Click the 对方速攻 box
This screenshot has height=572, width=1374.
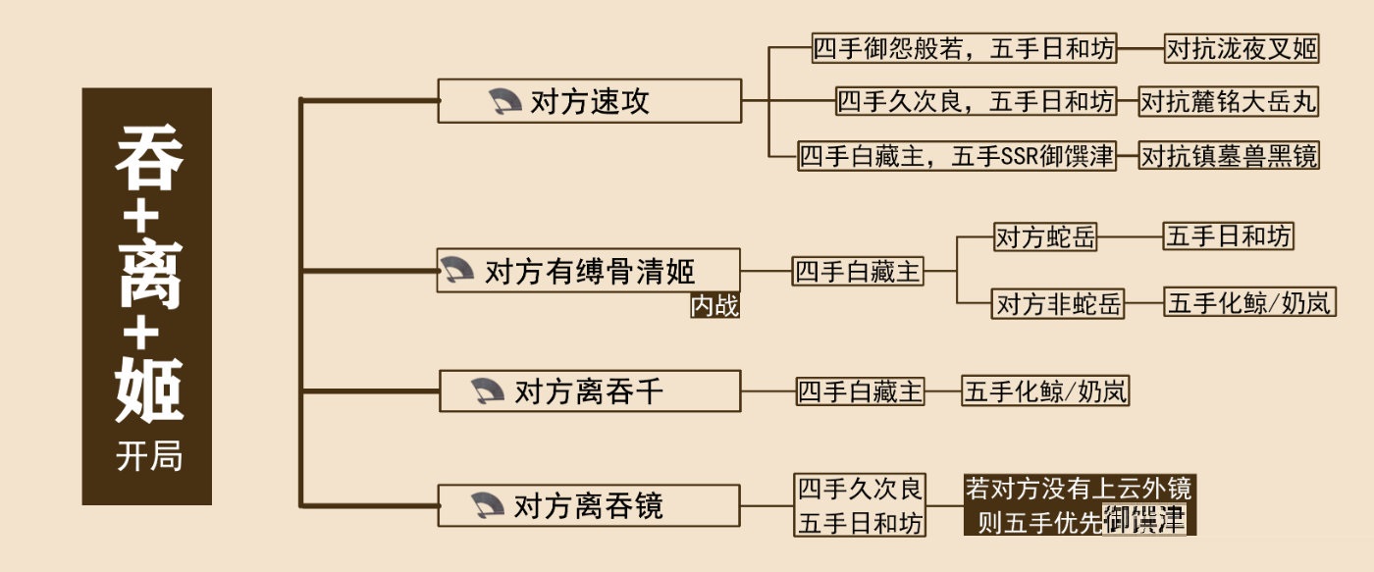click(x=589, y=101)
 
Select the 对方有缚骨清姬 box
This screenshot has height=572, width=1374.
click(x=589, y=270)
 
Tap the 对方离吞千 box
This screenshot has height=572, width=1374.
click(x=589, y=391)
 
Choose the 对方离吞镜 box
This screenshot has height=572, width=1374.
click(x=589, y=506)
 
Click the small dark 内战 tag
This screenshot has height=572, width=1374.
click(x=714, y=306)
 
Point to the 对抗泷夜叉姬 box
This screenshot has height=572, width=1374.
click(x=1241, y=48)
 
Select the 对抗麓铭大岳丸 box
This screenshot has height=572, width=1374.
click(x=1228, y=101)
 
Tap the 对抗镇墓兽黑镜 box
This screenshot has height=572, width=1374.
click(x=1228, y=155)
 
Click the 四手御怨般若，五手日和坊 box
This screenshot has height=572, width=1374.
click(x=965, y=48)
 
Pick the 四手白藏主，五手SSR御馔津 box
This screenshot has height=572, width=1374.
click(x=957, y=155)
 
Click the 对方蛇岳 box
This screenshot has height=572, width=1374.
click(x=1045, y=237)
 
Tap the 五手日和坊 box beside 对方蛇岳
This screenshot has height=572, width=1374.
click(x=1228, y=236)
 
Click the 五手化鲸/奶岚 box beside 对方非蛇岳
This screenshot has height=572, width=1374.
click(x=1249, y=302)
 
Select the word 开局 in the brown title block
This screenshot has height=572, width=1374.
click(x=148, y=457)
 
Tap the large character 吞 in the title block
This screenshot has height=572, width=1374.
click(x=148, y=160)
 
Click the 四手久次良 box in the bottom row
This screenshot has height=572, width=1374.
click(x=860, y=489)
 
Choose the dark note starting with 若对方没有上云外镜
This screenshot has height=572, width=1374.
click(x=1077, y=504)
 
